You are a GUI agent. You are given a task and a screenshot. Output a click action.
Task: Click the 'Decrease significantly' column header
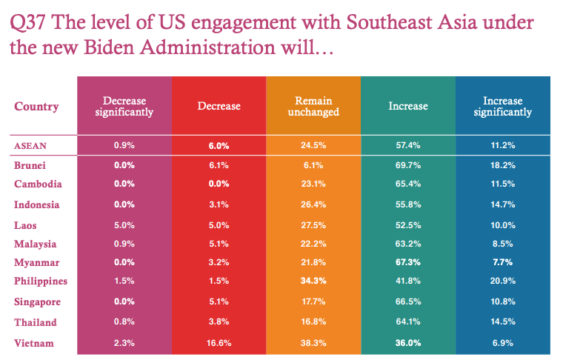(124, 107)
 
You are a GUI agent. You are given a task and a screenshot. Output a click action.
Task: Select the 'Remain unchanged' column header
(313, 107)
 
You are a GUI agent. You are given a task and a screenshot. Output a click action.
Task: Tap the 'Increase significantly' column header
(502, 107)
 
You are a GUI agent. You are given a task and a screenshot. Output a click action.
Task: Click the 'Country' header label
(36, 107)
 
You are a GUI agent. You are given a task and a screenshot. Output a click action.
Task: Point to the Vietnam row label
(34, 343)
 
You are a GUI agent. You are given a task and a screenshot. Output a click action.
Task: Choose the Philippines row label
(41, 281)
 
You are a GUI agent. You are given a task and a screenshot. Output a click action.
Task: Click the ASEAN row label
(31, 146)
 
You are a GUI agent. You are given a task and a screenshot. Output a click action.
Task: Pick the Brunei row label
(32, 165)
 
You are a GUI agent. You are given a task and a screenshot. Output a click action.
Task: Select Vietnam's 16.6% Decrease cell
(219, 343)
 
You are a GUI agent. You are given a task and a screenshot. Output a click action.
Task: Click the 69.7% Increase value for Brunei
(407, 165)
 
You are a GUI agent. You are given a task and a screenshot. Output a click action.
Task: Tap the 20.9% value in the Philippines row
(502, 281)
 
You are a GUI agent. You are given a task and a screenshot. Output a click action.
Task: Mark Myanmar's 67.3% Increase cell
(407, 262)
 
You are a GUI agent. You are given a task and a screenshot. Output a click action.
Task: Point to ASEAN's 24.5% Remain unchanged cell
(313, 146)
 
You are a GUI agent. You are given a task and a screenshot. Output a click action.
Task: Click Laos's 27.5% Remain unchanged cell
(313, 224)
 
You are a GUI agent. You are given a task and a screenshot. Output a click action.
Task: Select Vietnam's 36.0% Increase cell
(407, 343)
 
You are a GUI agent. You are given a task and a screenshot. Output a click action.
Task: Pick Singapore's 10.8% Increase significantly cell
(502, 302)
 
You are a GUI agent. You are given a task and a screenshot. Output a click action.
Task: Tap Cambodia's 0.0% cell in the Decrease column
(219, 184)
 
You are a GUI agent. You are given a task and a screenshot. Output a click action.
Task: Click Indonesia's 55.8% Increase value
(407, 204)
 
